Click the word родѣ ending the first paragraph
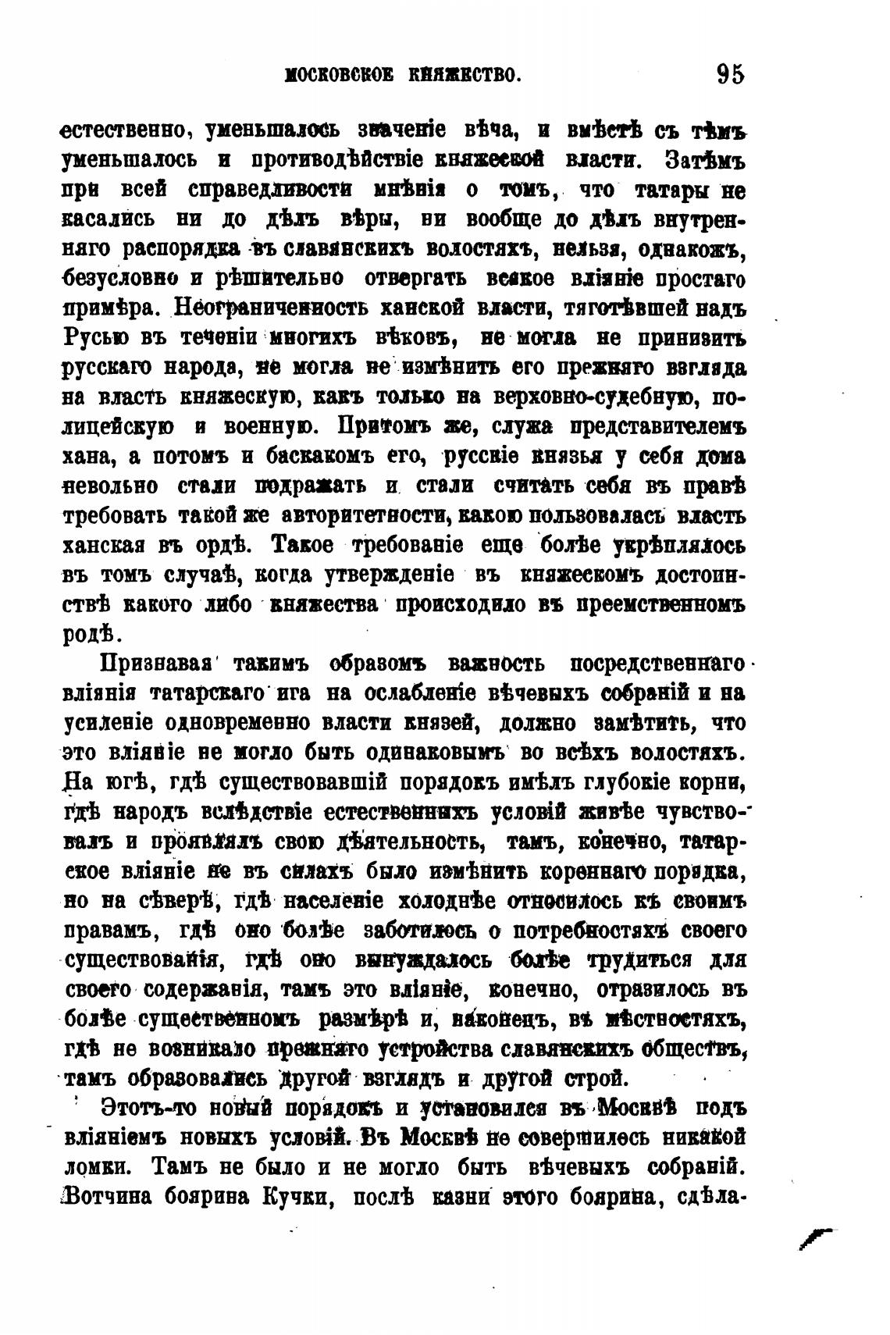[x=88, y=633]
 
